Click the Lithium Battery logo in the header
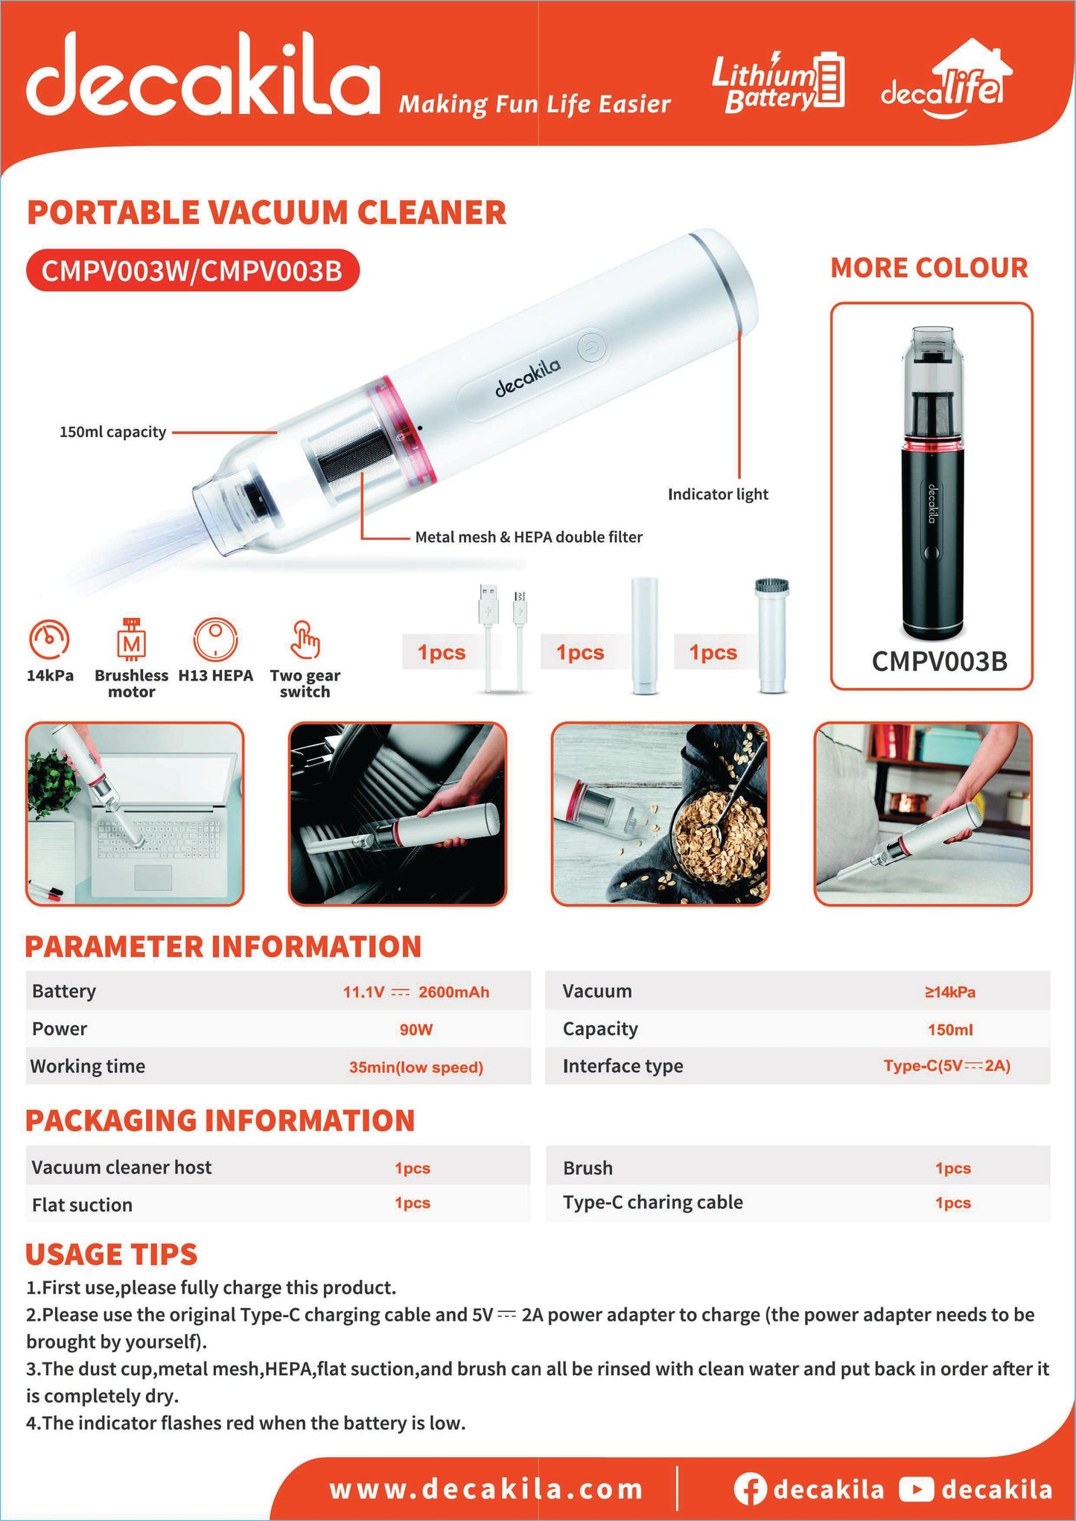coord(778,82)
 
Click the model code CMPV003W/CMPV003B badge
coord(192,270)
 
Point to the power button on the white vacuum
coord(593,347)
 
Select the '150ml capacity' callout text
coord(112,432)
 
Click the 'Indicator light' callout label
coord(718,494)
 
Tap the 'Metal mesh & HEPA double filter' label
coord(529,537)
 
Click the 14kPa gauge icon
coord(49,640)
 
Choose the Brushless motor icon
coord(132,640)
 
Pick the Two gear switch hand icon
coord(305,640)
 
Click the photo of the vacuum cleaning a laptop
coord(135,814)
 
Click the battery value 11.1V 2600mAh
coord(416,992)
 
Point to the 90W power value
coord(416,1030)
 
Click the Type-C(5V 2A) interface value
coord(947,1065)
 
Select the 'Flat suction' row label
coord(82,1205)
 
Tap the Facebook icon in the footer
coord(750,1488)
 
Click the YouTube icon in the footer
coord(916,1488)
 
